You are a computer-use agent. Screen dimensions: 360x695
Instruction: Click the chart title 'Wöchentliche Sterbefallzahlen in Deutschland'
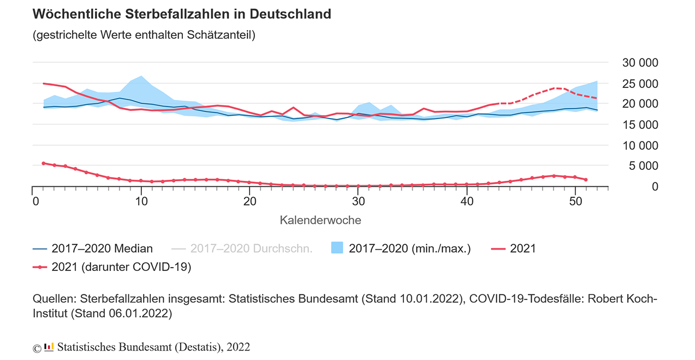182,14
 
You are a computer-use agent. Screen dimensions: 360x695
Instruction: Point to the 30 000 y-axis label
640,63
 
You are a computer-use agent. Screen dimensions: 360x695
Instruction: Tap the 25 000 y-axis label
640,84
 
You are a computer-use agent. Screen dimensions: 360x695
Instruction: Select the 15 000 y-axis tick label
640,125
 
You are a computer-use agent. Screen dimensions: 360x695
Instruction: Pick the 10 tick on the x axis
141,200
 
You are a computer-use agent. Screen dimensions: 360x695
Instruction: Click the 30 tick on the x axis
358,200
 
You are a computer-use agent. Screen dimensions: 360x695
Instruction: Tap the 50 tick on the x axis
575,200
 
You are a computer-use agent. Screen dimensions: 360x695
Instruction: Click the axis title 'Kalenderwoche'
320,220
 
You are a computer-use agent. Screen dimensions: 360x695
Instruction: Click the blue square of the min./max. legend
337,249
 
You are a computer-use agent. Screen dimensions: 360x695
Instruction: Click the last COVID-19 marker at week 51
586,179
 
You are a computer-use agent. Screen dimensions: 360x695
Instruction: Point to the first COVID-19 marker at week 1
43,163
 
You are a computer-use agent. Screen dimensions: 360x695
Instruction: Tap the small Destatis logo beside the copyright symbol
49,347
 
